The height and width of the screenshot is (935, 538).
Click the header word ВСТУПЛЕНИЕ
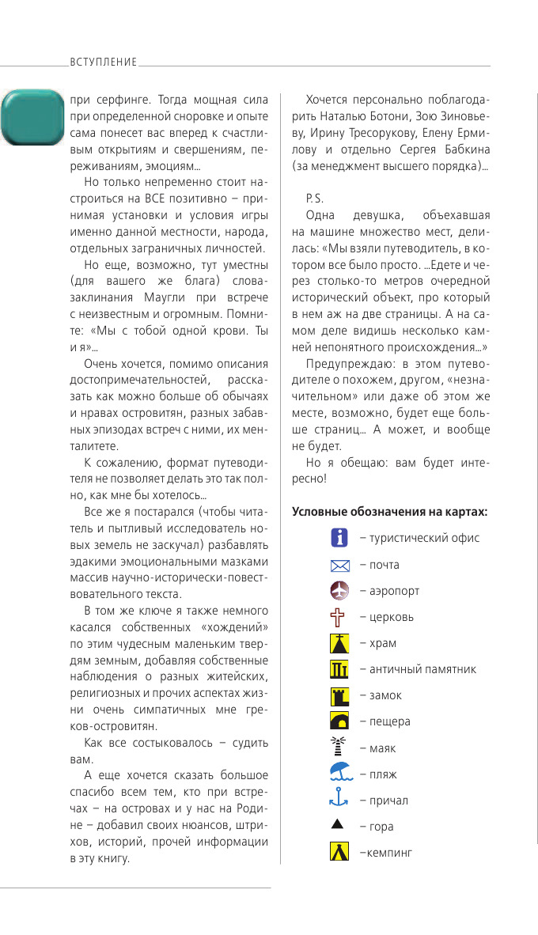[x=104, y=62]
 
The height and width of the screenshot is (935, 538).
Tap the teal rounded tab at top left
[x=32, y=117]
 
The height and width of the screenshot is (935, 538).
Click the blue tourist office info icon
[x=339, y=538]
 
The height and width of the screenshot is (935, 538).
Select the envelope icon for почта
[x=339, y=565]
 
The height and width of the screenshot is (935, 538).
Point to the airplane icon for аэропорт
[x=339, y=591]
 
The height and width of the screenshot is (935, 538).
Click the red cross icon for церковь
[x=339, y=617]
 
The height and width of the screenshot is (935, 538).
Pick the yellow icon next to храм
[x=339, y=643]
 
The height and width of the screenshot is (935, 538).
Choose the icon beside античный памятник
[x=339, y=669]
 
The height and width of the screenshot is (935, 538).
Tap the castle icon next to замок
[x=339, y=695]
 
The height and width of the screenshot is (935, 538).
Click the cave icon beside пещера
[x=339, y=721]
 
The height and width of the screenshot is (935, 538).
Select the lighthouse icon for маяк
[x=339, y=748]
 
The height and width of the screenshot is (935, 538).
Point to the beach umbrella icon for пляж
[x=339, y=774]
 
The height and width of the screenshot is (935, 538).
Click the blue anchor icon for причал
[x=339, y=800]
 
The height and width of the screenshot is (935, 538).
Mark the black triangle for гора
[x=339, y=825]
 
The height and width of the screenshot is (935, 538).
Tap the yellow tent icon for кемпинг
[x=339, y=852]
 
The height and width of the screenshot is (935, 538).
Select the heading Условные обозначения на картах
[x=389, y=512]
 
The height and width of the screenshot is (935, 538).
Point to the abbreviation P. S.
[x=314, y=198]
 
